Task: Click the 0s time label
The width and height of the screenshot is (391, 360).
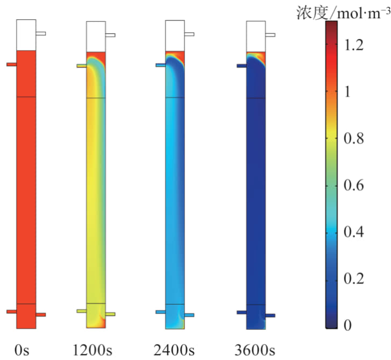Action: [x=22, y=351]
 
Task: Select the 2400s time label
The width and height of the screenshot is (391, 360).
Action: [x=175, y=351]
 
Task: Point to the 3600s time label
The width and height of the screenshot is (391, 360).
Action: [x=255, y=351]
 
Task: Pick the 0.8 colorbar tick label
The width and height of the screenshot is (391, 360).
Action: [x=353, y=139]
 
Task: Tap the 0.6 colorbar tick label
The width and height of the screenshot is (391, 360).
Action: [x=353, y=186]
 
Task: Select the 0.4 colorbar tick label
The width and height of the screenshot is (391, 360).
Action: [x=353, y=232]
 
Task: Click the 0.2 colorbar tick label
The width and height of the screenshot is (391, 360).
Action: [x=353, y=279]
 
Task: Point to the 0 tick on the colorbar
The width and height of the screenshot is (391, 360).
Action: [x=348, y=325]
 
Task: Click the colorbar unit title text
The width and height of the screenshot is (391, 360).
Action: [x=343, y=12]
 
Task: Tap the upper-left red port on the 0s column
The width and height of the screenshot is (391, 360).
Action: [x=11, y=65]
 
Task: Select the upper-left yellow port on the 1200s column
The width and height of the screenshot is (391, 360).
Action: [x=82, y=66]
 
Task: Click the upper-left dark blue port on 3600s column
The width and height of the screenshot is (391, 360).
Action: [x=241, y=66]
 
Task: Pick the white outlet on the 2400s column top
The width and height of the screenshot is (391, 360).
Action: [x=189, y=34]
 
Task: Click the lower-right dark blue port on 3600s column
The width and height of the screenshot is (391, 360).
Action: [x=270, y=315]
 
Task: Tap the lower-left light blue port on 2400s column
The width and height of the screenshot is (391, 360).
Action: [x=161, y=312]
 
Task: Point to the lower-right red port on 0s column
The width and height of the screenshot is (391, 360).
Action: [x=41, y=315]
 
